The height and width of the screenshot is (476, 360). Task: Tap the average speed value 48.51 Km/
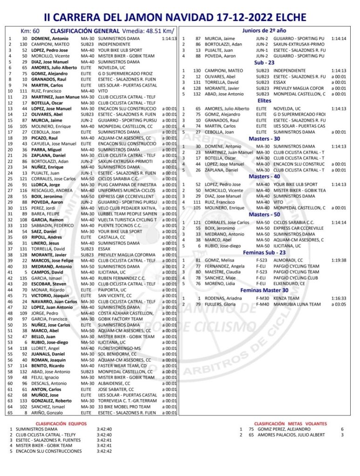pyautogui.click(x=151, y=31)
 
